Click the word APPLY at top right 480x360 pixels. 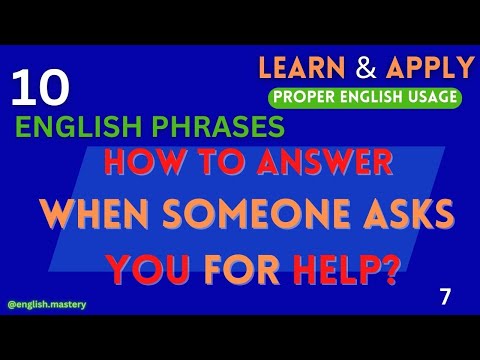(428, 68)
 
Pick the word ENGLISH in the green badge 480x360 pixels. (368, 97)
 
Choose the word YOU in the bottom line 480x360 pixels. (140, 268)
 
